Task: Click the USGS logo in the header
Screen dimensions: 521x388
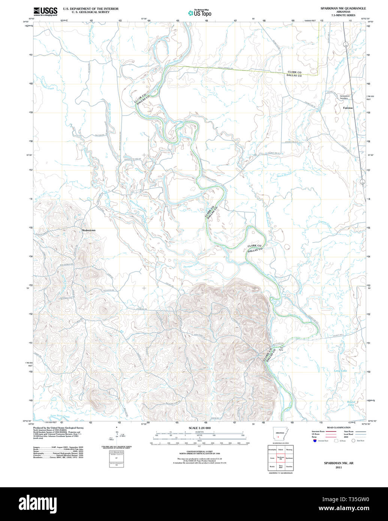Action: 45,11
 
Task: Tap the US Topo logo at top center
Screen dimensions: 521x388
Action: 200,12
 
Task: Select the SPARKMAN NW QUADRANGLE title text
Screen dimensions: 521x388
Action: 343,8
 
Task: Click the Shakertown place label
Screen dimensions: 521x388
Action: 88,230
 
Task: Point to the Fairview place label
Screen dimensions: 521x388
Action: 348,108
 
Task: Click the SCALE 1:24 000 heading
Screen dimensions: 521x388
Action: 199,428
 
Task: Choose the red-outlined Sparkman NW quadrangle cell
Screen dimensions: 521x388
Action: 280,458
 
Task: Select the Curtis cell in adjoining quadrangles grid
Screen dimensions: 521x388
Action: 271,458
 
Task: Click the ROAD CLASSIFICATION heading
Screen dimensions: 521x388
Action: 339,428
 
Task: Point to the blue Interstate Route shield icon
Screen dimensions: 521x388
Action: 315,441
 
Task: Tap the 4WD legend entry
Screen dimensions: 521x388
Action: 345,437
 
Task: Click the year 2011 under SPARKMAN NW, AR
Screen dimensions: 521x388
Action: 339,467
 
